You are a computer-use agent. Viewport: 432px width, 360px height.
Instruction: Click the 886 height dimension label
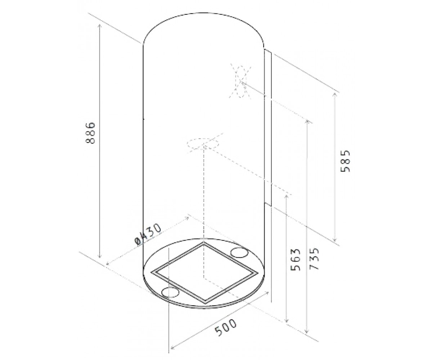90,133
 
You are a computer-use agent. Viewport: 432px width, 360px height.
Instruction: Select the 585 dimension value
345,161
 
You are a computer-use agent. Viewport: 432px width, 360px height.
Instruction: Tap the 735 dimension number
314,258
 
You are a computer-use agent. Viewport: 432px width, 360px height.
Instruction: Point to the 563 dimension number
295,260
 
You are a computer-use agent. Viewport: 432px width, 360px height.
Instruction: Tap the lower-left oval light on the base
170,292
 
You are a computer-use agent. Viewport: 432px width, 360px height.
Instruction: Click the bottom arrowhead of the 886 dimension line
100,256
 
